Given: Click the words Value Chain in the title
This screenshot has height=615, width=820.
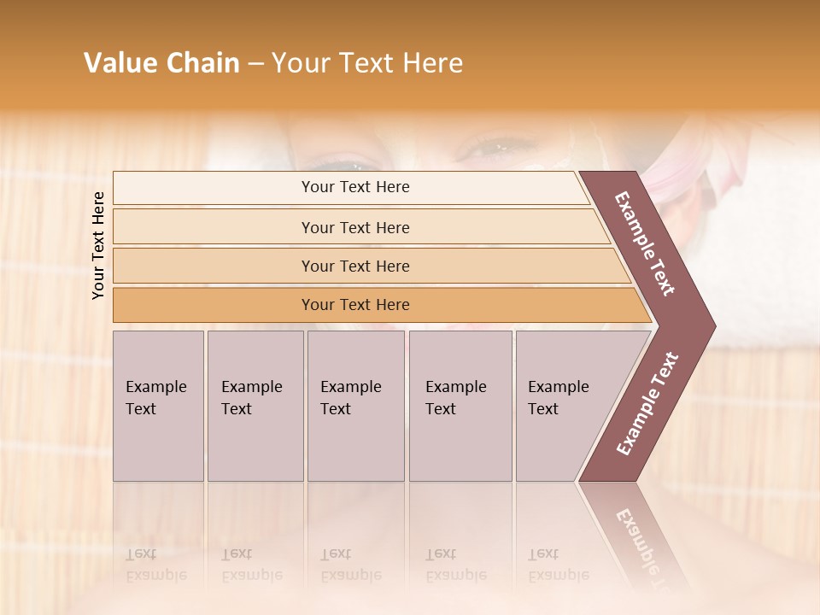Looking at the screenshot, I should [x=161, y=63].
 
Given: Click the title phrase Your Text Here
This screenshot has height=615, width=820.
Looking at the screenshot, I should [x=367, y=63].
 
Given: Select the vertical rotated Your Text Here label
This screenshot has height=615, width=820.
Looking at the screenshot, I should [x=98, y=245].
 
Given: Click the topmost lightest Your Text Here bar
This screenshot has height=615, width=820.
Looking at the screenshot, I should [x=354, y=187].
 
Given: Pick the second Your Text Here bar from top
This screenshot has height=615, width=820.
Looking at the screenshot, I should [x=354, y=227].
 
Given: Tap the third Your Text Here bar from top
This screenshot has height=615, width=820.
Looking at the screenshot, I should [x=354, y=266].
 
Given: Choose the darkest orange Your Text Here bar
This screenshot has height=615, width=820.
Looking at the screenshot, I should [x=354, y=305].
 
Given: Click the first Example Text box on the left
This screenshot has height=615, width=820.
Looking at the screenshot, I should [x=158, y=406].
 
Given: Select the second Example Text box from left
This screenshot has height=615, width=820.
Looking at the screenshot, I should [x=255, y=406].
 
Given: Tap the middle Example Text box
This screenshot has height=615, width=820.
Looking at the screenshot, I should [x=355, y=406].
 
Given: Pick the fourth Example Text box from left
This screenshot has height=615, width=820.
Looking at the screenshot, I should [x=460, y=406].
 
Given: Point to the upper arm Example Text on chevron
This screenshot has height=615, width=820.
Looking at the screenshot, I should [x=645, y=243].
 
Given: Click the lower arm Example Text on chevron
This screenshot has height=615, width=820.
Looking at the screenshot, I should [x=647, y=403].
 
